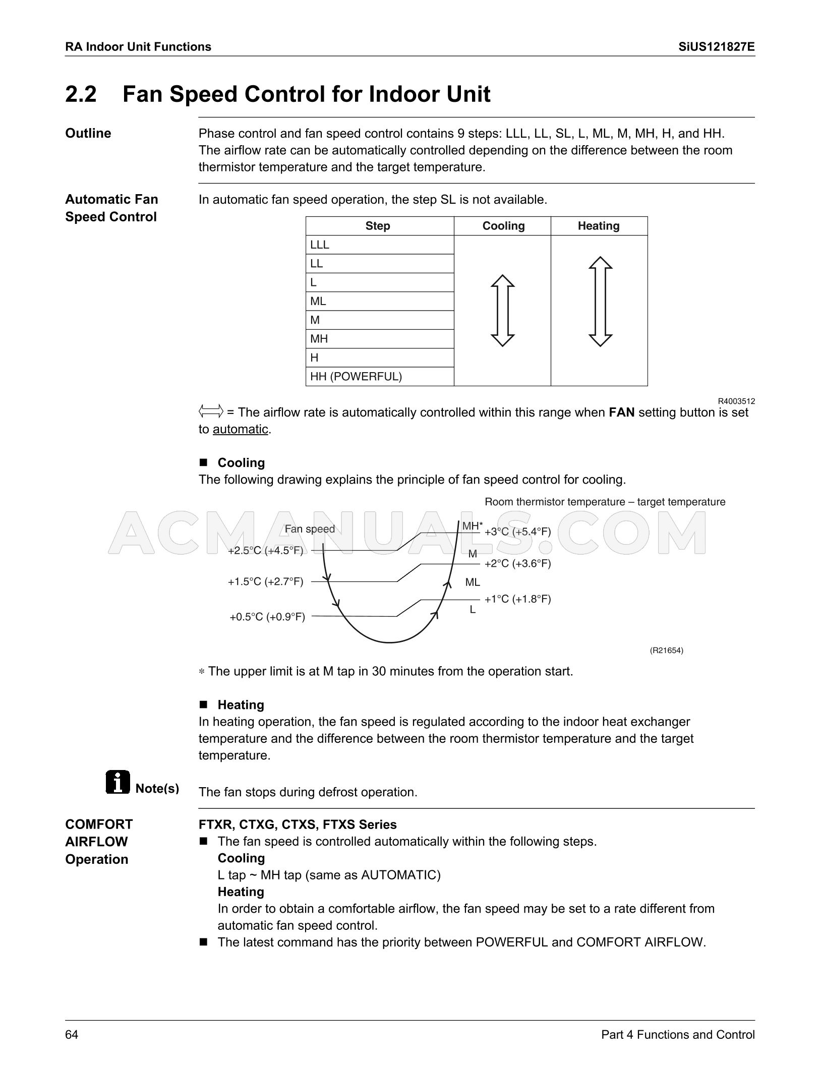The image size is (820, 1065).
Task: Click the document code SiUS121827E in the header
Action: click(716, 47)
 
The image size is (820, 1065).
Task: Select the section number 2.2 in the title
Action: click(81, 94)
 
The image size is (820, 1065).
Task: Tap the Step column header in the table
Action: click(377, 226)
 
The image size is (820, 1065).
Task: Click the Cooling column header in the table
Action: click(503, 226)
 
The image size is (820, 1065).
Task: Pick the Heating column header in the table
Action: click(598, 226)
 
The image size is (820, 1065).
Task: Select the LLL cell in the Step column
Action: click(320, 245)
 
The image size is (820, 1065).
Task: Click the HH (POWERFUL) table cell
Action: click(356, 376)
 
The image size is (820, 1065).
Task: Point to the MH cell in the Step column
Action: click(319, 339)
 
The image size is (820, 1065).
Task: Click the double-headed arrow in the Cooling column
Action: click(502, 310)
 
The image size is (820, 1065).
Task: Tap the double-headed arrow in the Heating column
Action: click(600, 301)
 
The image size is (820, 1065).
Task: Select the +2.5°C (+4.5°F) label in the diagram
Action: click(266, 550)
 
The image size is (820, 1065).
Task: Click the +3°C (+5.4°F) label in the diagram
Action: click(517, 531)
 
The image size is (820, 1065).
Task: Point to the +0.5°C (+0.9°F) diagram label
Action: click(267, 617)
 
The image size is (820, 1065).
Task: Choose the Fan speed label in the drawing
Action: click(310, 528)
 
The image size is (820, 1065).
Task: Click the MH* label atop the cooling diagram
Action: click(472, 526)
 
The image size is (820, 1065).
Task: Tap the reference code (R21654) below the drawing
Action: click(666, 650)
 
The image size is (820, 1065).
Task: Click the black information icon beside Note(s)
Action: click(118, 782)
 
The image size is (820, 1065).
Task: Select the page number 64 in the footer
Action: click(72, 1035)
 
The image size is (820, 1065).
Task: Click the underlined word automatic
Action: click(240, 429)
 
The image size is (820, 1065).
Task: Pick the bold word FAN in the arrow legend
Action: click(621, 412)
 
